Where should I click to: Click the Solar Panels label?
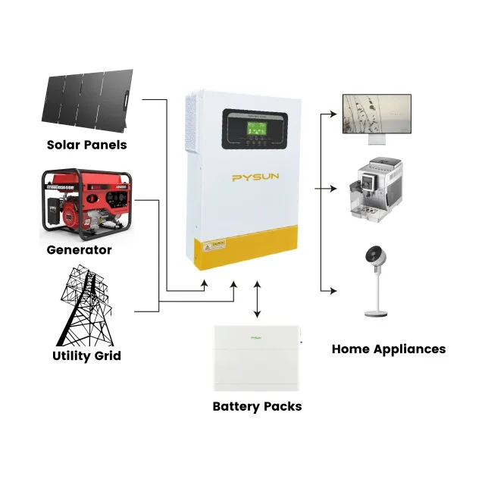pos(86,145)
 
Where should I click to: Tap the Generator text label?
pos(79,249)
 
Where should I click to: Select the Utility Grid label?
pos(86,355)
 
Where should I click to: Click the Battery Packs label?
pos(257,406)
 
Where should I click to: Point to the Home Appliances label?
pos(389,349)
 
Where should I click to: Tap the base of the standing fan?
pos(377,313)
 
